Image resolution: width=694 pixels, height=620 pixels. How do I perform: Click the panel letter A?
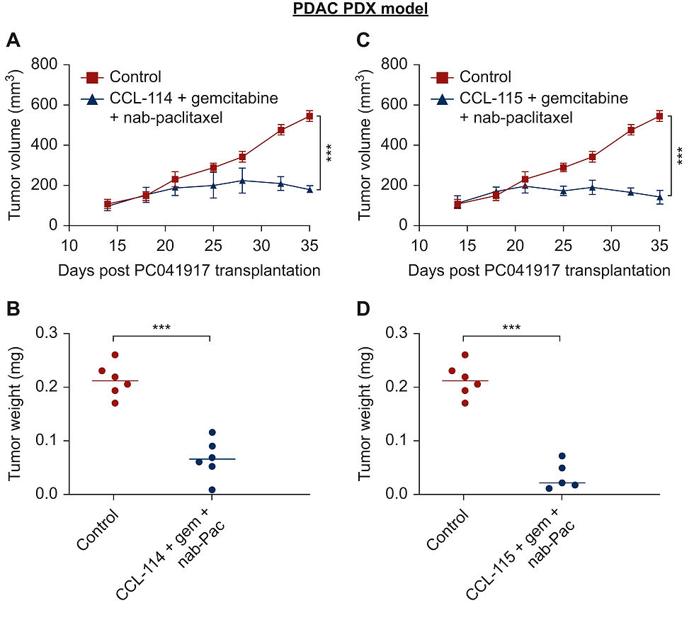click(x=12, y=41)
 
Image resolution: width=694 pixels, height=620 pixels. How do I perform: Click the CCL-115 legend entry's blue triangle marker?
click(x=444, y=98)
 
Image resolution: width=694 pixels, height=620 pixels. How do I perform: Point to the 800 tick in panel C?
click(x=394, y=64)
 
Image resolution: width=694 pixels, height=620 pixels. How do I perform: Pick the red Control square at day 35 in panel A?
click(x=309, y=115)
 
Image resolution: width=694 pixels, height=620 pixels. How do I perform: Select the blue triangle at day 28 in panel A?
click(x=242, y=181)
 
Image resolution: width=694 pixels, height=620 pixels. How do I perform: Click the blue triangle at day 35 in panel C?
click(x=659, y=197)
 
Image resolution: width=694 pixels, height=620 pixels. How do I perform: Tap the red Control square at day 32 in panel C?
click(x=630, y=130)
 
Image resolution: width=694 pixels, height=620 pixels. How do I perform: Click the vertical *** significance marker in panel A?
click(x=329, y=152)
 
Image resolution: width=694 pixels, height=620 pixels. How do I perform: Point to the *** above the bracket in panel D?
click(x=511, y=328)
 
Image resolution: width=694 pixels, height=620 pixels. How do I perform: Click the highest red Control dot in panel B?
click(x=115, y=355)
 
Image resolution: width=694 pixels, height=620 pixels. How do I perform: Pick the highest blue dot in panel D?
click(x=562, y=456)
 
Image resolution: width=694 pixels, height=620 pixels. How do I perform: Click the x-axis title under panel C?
click(x=539, y=271)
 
